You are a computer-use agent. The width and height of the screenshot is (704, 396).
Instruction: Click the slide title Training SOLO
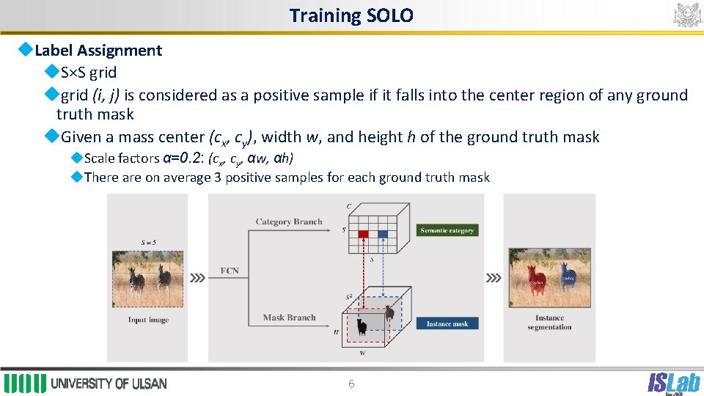pos(351,15)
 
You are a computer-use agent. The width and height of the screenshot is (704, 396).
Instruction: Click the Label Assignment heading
pos(98,51)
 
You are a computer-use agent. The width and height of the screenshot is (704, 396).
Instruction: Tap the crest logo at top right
pos(687,15)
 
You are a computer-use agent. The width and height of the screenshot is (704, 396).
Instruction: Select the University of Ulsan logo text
pos(109,384)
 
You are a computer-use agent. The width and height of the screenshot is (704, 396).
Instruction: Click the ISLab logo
pos(672,382)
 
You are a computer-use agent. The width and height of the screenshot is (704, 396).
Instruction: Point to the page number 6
pos(351,384)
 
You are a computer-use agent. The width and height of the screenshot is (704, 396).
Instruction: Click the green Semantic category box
pos(447,230)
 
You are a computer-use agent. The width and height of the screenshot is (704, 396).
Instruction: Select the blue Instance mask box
pos(447,323)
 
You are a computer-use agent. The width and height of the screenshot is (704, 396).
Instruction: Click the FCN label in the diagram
pos(230,271)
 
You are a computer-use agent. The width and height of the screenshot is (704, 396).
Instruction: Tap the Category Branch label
pos(288,221)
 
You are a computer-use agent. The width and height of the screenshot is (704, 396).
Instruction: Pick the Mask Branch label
pos(289,318)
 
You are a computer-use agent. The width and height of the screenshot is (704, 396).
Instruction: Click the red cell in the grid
pos(363,235)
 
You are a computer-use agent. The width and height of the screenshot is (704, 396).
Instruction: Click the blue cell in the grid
pos(382,235)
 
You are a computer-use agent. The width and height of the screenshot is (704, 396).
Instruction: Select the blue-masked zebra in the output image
pos(568,277)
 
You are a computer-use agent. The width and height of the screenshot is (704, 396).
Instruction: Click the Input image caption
pos(148,320)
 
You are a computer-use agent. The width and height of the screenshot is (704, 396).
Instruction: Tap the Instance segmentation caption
pos(549,323)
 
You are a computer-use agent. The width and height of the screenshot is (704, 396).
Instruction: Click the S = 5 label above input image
pos(148,243)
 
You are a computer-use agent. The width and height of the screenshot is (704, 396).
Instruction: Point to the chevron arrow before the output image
pos(494,279)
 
